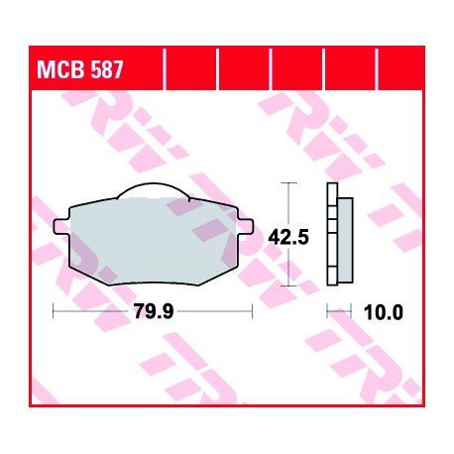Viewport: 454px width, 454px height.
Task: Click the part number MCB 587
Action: (80, 69)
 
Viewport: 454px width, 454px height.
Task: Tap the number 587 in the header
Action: (107, 69)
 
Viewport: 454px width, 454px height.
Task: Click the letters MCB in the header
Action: (60, 69)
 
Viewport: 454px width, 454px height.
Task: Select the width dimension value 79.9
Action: (154, 311)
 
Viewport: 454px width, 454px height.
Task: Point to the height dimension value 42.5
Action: (288, 237)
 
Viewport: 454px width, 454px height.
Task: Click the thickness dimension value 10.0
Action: (384, 312)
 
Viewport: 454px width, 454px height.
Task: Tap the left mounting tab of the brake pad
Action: (61, 227)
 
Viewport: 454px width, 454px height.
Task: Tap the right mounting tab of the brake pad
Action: (245, 226)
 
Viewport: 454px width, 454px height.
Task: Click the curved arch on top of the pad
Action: (153, 183)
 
